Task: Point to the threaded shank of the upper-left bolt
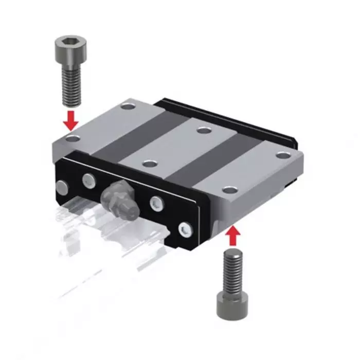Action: [x=71, y=85]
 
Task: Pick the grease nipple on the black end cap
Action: [x=119, y=196]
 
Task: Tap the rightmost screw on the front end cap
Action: [x=184, y=228]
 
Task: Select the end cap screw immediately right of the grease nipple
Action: [x=155, y=203]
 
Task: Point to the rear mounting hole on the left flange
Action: [x=127, y=108]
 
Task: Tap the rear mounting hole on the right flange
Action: [x=281, y=155]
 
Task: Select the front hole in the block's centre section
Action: [x=150, y=164]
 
